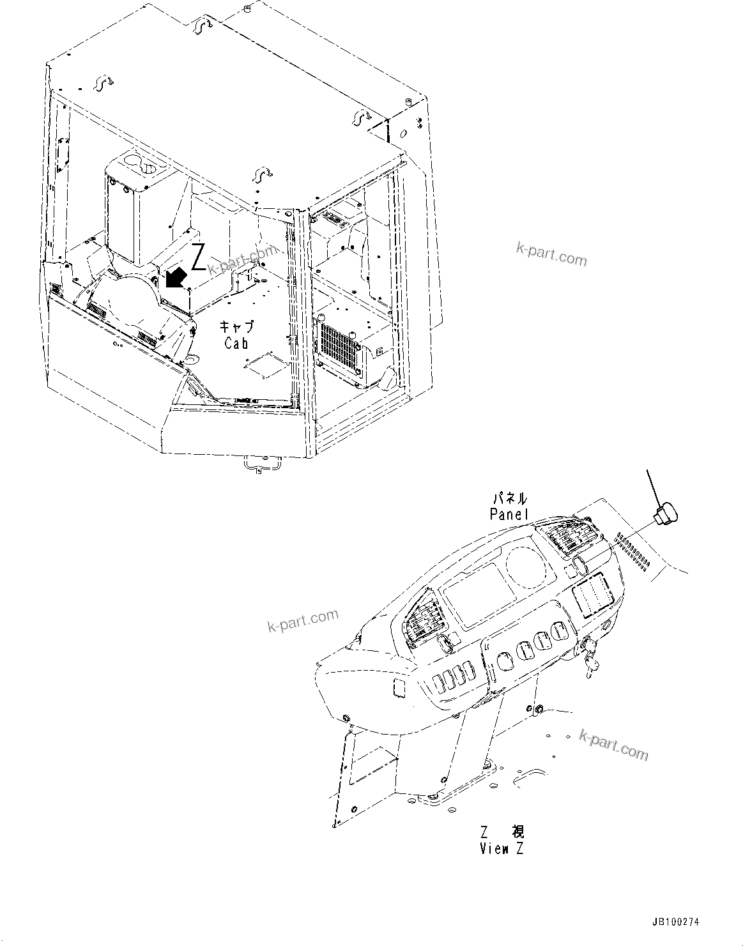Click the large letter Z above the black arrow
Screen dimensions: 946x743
(198, 256)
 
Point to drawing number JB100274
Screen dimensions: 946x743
(676, 922)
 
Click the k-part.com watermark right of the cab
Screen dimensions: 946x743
(551, 255)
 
